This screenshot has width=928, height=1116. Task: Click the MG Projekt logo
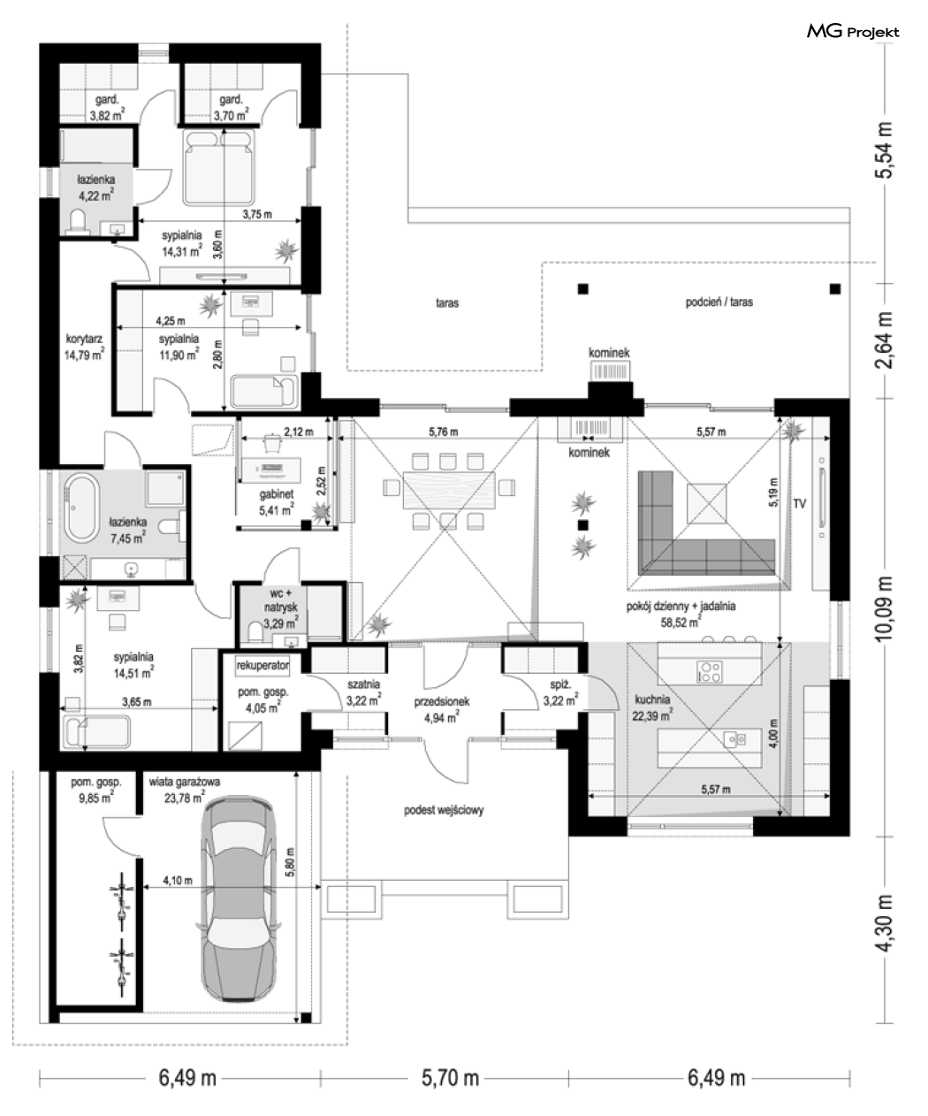(x=853, y=32)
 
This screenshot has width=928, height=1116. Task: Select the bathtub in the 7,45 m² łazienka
(x=81, y=508)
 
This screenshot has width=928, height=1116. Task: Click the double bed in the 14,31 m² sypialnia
(x=218, y=167)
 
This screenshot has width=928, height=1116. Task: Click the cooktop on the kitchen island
(x=710, y=671)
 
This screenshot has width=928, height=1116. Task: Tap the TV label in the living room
(x=799, y=503)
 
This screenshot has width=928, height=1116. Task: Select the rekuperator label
(x=262, y=665)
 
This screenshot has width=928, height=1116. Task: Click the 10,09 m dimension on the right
(x=884, y=608)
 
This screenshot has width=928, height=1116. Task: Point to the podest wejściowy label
(x=444, y=810)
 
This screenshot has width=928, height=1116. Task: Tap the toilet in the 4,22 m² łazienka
(x=78, y=221)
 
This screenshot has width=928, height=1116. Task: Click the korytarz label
(x=84, y=339)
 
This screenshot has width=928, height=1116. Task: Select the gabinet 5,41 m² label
(x=277, y=502)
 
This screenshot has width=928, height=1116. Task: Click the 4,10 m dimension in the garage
(x=178, y=880)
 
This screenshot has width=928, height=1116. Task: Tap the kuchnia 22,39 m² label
(x=652, y=707)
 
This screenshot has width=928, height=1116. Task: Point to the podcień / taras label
(x=719, y=302)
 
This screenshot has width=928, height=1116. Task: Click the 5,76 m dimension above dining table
(x=444, y=432)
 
